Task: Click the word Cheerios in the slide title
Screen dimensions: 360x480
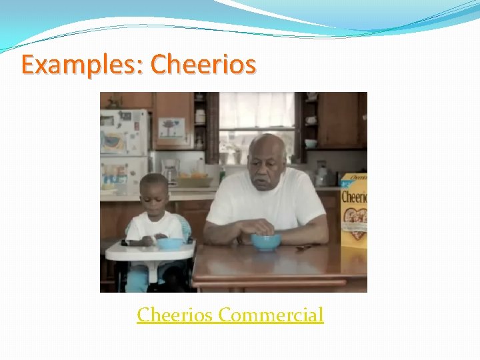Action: pyautogui.click(x=203, y=64)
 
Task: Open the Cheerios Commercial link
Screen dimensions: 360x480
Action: pyautogui.click(x=230, y=314)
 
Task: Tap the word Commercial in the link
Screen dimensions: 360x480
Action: pyautogui.click(x=271, y=314)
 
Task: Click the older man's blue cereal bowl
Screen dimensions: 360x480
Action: pyautogui.click(x=266, y=241)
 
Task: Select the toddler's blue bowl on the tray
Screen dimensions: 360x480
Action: pyautogui.click(x=169, y=243)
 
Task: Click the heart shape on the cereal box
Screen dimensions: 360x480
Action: pyautogui.click(x=355, y=221)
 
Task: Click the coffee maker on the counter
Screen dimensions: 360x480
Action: pyautogui.click(x=171, y=171)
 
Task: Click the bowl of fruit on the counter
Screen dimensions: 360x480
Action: pyautogui.click(x=193, y=179)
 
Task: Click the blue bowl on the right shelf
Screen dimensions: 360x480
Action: pyautogui.click(x=311, y=143)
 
